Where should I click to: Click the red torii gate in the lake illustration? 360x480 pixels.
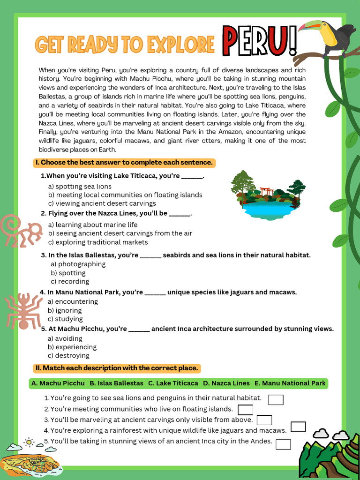pos(267,191)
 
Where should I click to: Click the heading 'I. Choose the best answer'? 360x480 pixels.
pos(124,163)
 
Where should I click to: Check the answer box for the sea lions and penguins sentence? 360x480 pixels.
pos(276,399)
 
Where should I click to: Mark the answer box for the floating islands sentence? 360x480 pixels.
pos(245,410)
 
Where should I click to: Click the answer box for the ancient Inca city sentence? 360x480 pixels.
pos(283,444)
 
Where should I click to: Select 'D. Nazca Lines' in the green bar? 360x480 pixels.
pos(226,383)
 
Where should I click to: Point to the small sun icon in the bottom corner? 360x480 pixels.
pos(29,441)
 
